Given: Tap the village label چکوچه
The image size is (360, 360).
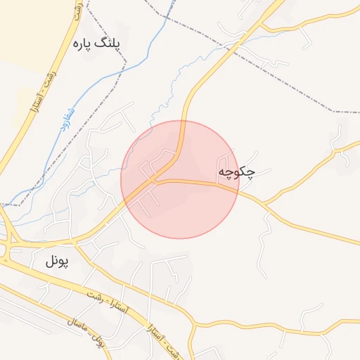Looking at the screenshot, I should click(236, 172).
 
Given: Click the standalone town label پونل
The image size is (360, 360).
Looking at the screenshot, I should click(59, 262).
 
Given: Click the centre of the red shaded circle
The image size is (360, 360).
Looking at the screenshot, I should click(180, 179).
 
